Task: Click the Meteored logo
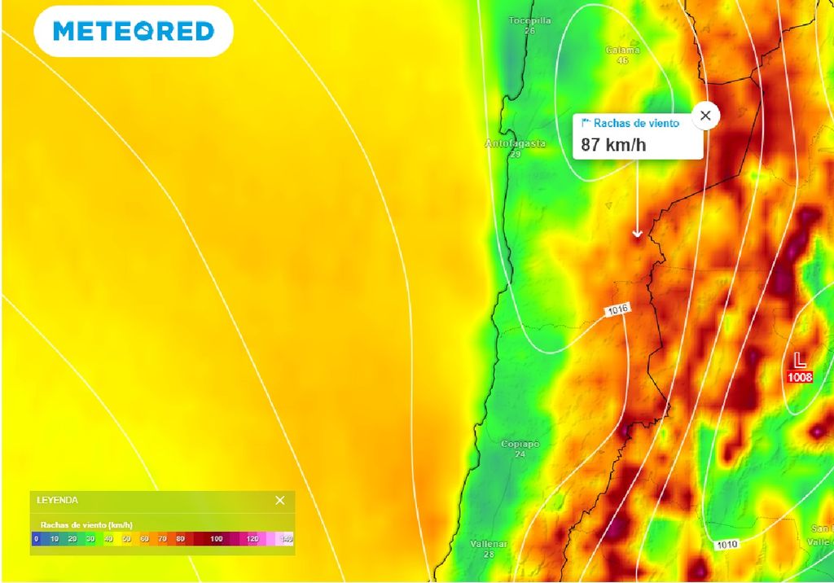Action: [134, 32]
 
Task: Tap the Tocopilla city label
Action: [529, 20]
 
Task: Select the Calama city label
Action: [622, 50]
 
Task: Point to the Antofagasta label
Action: [516, 144]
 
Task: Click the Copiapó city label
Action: [520, 444]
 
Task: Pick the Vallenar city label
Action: [489, 544]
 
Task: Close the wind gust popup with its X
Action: [705, 116]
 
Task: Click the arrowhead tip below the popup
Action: [638, 237]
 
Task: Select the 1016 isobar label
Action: [617, 310]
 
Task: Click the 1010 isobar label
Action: [727, 544]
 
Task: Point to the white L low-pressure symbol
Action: [800, 359]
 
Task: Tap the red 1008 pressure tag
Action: [800, 377]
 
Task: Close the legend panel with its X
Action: [280, 500]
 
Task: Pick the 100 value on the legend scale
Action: [216, 539]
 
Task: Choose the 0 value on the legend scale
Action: [36, 539]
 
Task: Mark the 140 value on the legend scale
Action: [287, 539]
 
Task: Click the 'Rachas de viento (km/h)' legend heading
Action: [86, 525]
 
